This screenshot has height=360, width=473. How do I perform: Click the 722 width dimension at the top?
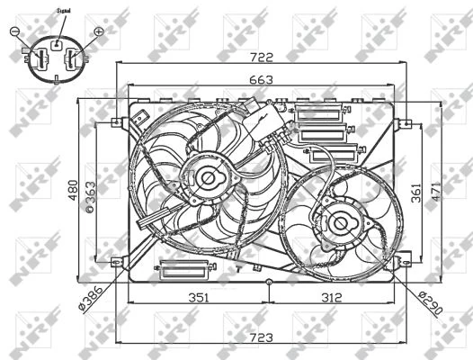point(262,56)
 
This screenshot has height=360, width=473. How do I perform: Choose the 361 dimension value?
point(416,192)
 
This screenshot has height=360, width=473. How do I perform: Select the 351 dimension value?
point(199,298)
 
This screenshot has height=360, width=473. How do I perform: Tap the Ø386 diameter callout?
point(93,294)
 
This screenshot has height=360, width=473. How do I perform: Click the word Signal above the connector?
point(64,10)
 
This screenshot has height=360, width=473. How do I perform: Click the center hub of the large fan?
point(210,177)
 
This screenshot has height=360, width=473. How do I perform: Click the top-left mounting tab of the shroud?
point(118,122)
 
